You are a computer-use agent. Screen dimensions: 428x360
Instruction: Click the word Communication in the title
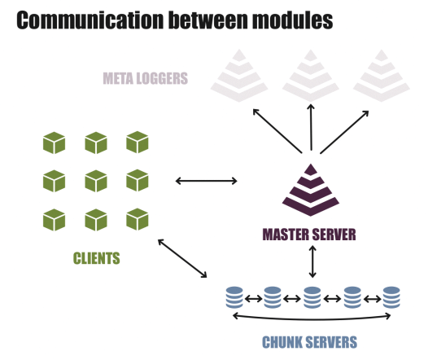point(91,20)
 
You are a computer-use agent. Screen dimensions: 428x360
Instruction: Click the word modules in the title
point(292,20)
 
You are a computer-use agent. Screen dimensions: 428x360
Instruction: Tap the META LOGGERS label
point(145,78)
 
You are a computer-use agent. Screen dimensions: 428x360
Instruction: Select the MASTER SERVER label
point(309,235)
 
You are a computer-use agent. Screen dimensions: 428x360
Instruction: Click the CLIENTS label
point(96,258)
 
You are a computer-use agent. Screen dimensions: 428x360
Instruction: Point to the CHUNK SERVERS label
point(309,342)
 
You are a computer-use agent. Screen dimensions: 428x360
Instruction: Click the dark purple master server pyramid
point(311,190)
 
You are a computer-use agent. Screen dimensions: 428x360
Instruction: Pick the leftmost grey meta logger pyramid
point(239,76)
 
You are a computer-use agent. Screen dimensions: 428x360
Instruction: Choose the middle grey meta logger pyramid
point(311,76)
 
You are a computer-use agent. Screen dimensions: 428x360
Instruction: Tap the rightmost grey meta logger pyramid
point(382,76)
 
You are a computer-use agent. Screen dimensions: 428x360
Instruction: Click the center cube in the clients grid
point(96,181)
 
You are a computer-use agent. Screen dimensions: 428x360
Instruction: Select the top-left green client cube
point(54,143)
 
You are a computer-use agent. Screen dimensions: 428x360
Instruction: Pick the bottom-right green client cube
point(138,219)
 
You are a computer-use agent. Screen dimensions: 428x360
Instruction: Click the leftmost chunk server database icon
point(234,297)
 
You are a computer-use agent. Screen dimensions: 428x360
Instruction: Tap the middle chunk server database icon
point(312,297)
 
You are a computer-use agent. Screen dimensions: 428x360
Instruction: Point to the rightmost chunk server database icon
point(391,297)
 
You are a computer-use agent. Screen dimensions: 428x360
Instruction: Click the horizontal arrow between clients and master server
point(207,181)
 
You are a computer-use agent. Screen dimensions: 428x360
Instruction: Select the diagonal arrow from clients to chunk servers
point(182,258)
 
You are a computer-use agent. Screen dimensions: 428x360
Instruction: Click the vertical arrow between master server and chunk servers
point(312,261)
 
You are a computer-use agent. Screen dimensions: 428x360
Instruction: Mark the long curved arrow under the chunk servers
point(312,318)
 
